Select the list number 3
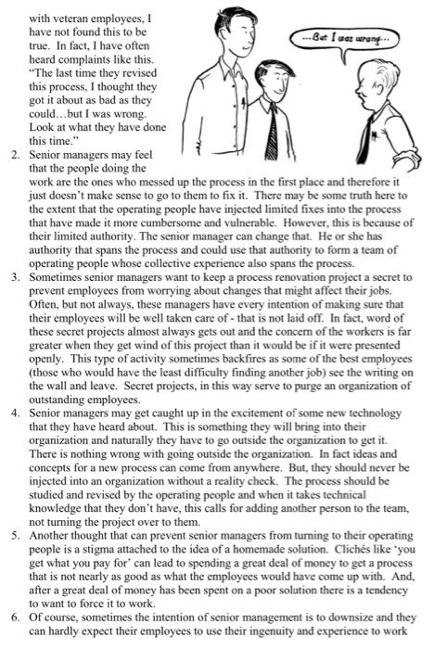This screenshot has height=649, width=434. tap(15, 276)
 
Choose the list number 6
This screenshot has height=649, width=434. tap(15, 621)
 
